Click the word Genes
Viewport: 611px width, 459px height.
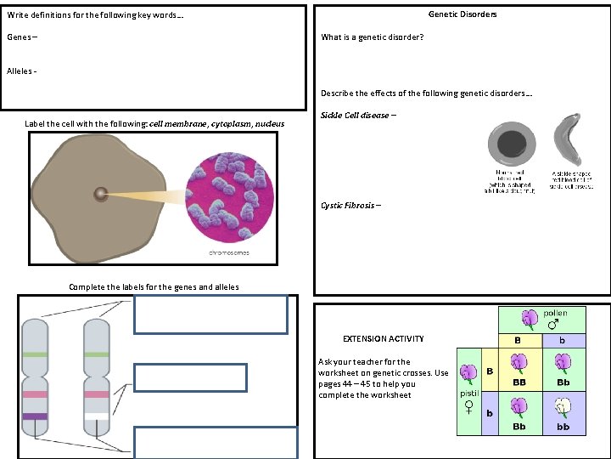[x=18, y=37]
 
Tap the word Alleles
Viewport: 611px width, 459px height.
[x=20, y=71]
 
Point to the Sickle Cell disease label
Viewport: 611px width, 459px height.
[x=355, y=116]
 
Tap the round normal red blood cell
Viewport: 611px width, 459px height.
[x=510, y=145]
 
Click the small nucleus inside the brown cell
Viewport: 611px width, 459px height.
[x=101, y=194]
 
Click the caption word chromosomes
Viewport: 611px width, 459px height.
[x=228, y=253]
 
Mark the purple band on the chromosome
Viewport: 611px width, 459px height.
[x=35, y=416]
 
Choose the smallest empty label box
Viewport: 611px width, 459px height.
[x=190, y=377]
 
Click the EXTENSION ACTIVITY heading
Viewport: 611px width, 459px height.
[x=383, y=338]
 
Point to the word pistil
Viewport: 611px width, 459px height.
[x=469, y=394]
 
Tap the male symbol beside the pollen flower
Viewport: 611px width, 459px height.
[x=553, y=324]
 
